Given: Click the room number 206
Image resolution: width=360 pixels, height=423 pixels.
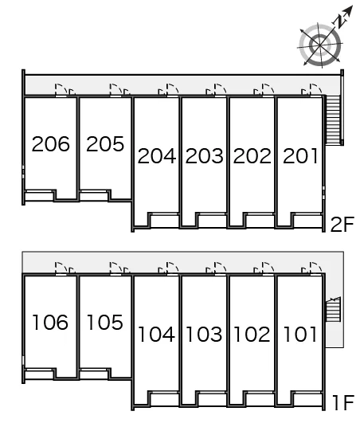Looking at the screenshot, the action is click(x=51, y=143).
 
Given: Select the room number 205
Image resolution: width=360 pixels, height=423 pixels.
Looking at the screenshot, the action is click(x=105, y=143).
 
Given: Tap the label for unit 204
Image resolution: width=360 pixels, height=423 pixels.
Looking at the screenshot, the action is click(x=157, y=156).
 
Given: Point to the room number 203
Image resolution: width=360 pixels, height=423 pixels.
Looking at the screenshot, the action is click(x=205, y=156).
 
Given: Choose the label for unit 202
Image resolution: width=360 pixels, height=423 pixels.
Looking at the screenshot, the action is click(x=252, y=156).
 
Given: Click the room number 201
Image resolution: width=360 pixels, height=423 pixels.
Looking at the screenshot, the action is click(x=300, y=156).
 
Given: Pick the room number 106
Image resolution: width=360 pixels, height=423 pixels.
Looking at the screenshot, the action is click(x=50, y=322).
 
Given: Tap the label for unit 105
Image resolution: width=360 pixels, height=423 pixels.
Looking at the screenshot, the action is click(x=105, y=322).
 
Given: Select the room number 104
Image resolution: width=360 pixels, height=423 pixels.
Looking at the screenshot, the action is click(x=156, y=335).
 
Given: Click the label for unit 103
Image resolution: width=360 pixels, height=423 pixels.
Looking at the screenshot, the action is click(x=204, y=335).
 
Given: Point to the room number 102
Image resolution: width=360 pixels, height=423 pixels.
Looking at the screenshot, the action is click(x=252, y=335).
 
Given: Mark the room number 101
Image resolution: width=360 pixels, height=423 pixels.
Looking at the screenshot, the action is click(x=299, y=335).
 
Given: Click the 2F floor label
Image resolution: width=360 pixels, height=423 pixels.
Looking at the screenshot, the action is click(x=342, y=225).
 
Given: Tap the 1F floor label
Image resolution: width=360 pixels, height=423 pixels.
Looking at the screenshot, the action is click(x=343, y=403).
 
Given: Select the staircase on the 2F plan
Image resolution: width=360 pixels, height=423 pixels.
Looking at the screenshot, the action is click(x=333, y=120).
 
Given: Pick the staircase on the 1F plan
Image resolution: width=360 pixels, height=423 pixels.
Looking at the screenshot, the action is click(x=333, y=309).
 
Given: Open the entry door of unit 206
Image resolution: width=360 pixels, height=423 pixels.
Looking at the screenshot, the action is click(x=61, y=90).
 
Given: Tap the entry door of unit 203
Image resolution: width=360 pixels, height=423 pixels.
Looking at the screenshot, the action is click(x=221, y=90).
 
